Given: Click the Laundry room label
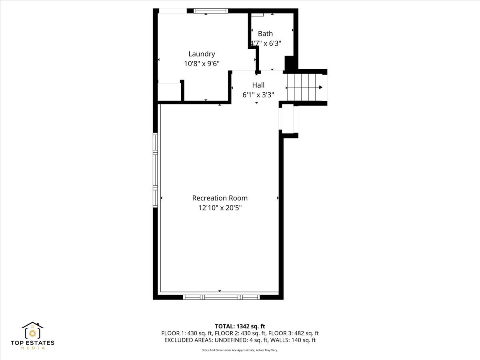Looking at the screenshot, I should (202, 54).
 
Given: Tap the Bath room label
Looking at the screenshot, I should (265, 34).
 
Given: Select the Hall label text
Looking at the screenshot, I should (258, 85).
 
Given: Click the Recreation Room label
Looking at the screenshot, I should (220, 198).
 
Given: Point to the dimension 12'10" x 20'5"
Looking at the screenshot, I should (220, 208).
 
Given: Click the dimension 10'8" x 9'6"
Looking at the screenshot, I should (202, 63).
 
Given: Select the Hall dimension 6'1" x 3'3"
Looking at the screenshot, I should (258, 95).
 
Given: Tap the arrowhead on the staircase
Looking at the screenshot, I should (320, 87).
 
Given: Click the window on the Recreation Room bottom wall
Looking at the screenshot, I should (221, 297).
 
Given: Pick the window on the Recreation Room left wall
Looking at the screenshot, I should (155, 170).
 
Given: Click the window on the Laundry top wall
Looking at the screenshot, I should (210, 11).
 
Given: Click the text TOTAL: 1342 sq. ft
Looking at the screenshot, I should (240, 326).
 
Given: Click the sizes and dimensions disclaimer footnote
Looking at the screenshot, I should (240, 350).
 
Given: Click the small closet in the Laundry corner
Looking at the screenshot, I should (169, 92).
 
